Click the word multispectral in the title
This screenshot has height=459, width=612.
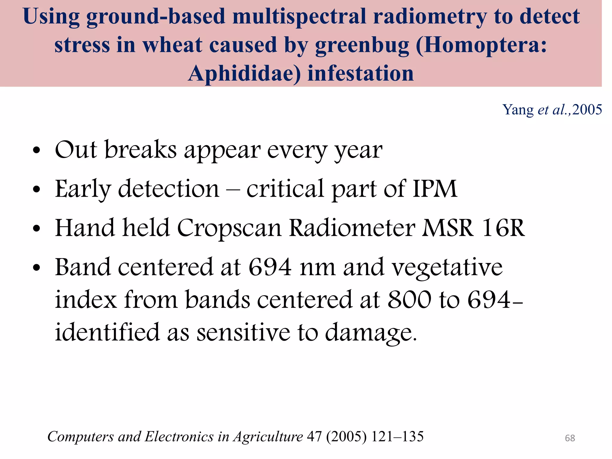[x=299, y=16]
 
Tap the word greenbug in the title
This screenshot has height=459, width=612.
[x=362, y=45]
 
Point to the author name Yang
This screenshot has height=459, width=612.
[x=518, y=110]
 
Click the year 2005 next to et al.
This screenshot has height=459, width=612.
[x=587, y=110]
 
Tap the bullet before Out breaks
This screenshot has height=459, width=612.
[x=36, y=150]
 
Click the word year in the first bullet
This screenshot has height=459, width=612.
[x=358, y=150]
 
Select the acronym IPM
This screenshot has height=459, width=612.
[x=435, y=189]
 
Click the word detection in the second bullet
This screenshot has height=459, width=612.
[x=169, y=189]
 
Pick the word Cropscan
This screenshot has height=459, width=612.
[x=229, y=228]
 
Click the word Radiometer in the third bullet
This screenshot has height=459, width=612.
[x=352, y=228]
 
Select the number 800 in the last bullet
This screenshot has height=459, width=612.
[x=409, y=300]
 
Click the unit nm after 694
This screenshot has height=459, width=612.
[x=318, y=267]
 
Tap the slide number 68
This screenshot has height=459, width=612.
[x=570, y=438]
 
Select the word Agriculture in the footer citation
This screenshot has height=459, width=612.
[x=268, y=437]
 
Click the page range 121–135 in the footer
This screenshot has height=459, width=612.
[x=397, y=437]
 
